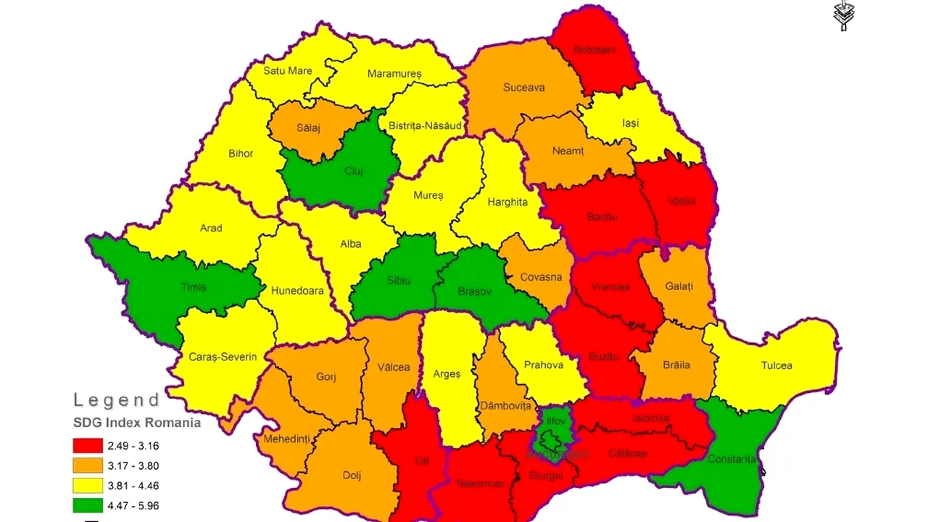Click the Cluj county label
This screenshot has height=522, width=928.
(x=354, y=171)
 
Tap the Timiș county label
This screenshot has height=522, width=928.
(x=193, y=287)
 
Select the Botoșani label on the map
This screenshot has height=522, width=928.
(x=594, y=50)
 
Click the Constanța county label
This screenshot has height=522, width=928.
(x=732, y=459)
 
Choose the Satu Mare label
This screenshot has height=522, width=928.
(x=288, y=70)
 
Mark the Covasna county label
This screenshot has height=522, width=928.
(x=541, y=277)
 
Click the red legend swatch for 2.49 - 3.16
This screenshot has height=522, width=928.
(x=87, y=445)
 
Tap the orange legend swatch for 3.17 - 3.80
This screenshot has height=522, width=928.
(x=87, y=465)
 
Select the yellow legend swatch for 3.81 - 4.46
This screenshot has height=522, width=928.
(x=87, y=485)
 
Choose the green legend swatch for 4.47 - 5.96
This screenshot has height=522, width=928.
(x=87, y=505)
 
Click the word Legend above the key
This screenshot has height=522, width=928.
(x=117, y=399)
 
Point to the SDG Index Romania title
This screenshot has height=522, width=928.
(x=136, y=423)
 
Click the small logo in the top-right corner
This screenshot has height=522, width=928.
(x=843, y=16)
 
